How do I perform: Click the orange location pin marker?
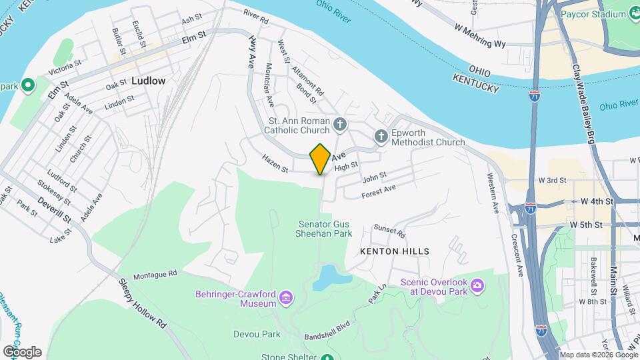point(321,159)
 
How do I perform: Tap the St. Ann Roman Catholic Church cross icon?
point(339,123)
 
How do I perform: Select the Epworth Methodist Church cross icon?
point(381,137)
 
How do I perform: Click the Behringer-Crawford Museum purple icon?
point(286,296)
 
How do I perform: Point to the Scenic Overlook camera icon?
point(477,286)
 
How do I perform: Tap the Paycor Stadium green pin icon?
point(633,14)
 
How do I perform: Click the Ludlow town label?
point(148,81)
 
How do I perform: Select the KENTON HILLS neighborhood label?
point(395,251)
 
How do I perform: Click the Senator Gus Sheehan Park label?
point(324,229)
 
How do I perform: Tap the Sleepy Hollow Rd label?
point(142,303)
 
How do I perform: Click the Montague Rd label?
point(155,274)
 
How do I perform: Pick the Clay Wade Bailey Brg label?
point(581,103)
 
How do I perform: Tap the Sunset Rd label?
point(389,231)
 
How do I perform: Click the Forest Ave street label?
point(379,191)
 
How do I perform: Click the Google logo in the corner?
point(22,351)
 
